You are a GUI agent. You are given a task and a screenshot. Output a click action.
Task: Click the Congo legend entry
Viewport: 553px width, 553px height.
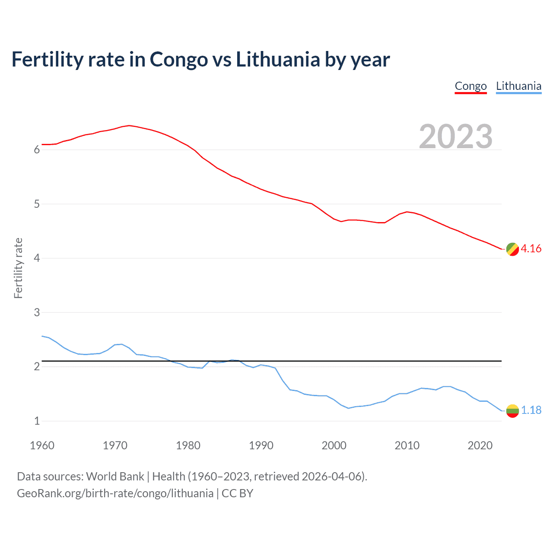coord(470,86)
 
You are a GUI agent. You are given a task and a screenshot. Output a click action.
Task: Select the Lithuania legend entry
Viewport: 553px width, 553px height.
coord(518,86)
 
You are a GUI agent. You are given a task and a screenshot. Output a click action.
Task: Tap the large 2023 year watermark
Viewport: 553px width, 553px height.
coord(455,137)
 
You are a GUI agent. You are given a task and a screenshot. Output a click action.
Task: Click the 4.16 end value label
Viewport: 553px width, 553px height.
coord(531,248)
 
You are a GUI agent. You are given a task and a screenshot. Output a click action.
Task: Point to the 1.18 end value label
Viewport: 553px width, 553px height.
coord(531,410)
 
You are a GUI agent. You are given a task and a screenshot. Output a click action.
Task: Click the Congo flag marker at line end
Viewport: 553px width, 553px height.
coord(512,249)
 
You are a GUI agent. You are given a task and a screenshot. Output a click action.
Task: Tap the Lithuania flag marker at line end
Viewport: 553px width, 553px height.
coord(512,410)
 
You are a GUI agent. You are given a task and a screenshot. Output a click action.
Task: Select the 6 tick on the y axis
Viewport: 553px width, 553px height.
coord(37,150)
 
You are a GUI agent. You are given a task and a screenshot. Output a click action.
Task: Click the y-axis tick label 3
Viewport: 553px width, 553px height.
coord(37,312)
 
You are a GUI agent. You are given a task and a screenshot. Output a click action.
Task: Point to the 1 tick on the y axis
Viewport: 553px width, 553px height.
coord(37,421)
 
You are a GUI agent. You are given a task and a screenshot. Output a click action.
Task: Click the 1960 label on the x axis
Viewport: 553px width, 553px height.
coord(42,445)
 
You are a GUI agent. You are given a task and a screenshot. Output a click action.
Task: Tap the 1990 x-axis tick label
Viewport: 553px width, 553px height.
coord(261,445)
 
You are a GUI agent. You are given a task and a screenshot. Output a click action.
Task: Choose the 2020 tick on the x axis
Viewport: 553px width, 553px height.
coord(480,445)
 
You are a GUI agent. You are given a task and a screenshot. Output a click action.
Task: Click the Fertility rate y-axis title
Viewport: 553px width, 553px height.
coord(18,268)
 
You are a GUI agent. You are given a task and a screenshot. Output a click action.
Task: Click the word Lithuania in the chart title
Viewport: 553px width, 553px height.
coord(278,59)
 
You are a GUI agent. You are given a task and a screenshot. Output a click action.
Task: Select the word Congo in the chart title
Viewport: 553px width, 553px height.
coord(179,59)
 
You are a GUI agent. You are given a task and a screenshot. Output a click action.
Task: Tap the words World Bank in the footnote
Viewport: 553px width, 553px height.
coord(115,477)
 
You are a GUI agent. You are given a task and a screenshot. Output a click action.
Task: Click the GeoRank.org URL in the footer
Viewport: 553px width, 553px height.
coord(115,493)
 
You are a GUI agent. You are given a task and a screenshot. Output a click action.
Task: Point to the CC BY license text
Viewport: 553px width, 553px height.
coord(237,493)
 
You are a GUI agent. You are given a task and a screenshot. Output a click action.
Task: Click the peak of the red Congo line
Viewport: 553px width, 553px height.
coord(129,125)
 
